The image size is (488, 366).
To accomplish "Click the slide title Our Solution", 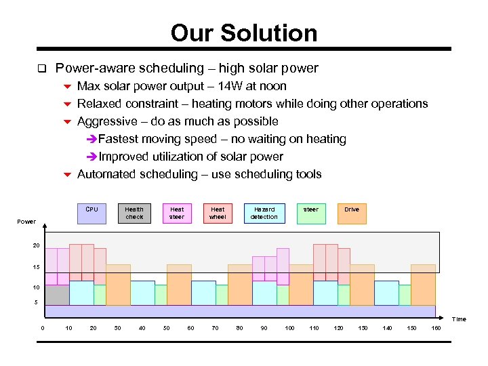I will click(244, 33).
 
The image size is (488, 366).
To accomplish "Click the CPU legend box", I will click(92, 213).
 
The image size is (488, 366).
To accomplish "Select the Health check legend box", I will click(134, 213).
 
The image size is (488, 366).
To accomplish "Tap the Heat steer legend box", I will click(177, 213).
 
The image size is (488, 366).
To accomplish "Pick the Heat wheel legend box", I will click(218, 213).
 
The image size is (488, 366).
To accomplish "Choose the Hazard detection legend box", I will click(264, 213).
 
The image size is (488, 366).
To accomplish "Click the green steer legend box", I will click(310, 213).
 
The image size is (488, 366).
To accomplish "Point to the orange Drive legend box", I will click(352, 213).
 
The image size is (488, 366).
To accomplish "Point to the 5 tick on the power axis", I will click(36, 302).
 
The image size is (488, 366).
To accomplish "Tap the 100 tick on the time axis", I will click(289, 328).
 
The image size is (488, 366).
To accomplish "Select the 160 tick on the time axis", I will click(436, 328).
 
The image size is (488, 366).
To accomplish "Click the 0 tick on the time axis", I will click(43, 328).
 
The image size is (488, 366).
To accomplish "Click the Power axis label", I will click(26, 222).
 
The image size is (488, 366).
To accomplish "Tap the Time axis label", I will click(459, 319).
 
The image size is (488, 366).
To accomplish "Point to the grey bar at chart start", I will click(57, 295).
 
